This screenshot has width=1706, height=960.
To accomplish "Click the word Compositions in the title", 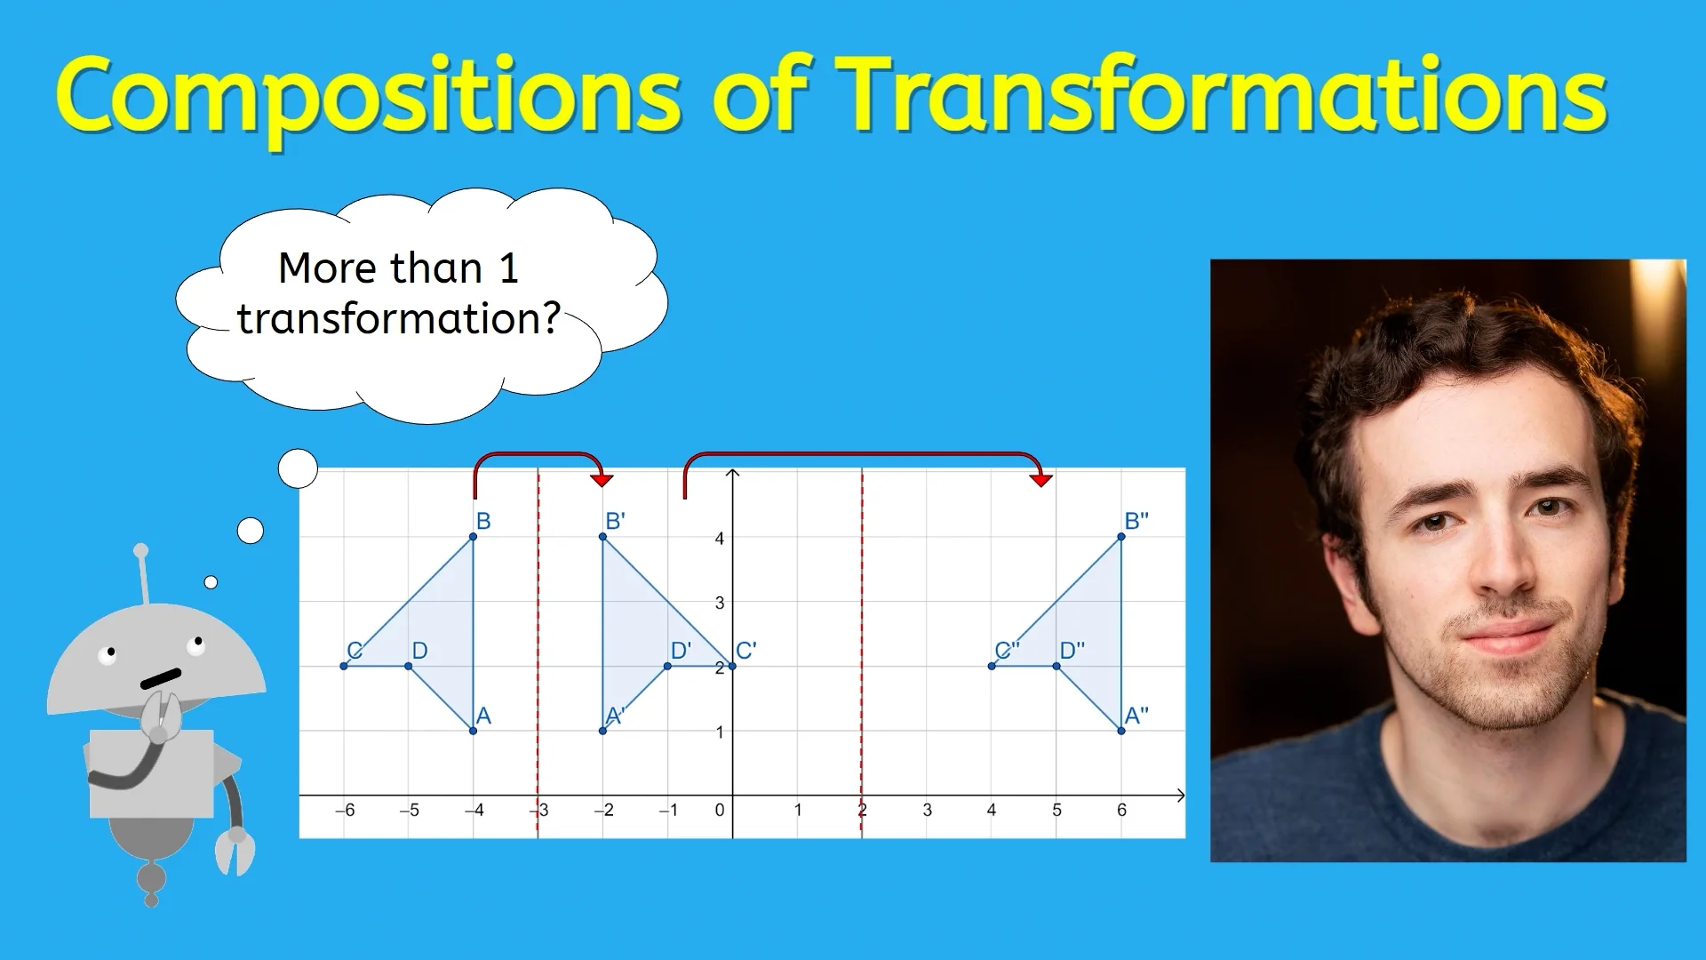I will (369, 96).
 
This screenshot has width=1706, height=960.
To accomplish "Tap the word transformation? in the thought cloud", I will (399, 319).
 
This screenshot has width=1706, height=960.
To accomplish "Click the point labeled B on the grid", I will (474, 537).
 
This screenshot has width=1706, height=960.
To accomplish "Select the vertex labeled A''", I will (1121, 731).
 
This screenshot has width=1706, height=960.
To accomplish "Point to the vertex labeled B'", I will (603, 537).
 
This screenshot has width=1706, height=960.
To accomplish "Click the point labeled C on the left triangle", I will (345, 666).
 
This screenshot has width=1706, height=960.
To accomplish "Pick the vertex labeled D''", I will (1056, 666).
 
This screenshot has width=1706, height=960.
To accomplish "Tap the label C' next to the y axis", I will (746, 651).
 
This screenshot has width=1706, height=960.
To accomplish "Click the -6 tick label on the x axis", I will (345, 810).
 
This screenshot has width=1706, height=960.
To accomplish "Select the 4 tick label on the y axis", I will (720, 539).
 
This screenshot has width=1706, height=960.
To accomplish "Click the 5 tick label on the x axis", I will (1056, 810).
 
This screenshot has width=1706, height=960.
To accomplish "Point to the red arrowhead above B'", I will (602, 480).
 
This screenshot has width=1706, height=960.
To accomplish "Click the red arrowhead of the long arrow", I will (1040, 480).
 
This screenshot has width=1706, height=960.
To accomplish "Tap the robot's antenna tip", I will (140, 551).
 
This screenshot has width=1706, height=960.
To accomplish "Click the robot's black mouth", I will (161, 678).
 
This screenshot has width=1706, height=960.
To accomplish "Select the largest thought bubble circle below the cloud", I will (298, 468).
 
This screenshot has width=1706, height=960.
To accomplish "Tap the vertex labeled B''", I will (1121, 537).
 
